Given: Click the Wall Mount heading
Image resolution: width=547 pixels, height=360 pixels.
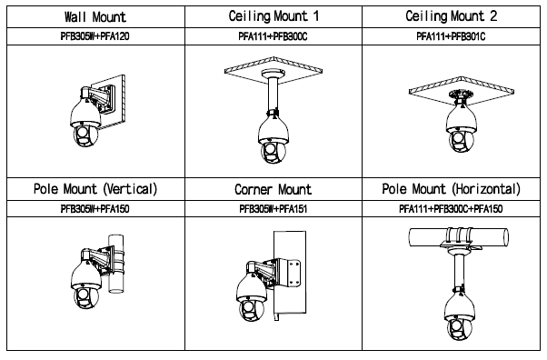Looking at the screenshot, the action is click(x=94, y=16).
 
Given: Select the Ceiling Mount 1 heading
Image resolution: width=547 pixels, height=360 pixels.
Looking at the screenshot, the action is click(x=273, y=16).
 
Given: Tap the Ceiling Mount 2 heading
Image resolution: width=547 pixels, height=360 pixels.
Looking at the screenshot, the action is click(x=451, y=16).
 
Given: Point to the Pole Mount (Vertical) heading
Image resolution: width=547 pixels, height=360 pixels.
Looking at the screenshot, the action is click(x=95, y=189).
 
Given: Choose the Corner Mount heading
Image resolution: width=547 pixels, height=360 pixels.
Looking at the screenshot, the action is click(x=273, y=190).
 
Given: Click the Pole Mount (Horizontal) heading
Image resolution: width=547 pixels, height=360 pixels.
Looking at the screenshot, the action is click(x=451, y=189).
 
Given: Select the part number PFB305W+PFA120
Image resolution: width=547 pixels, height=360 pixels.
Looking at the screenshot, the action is click(x=94, y=36).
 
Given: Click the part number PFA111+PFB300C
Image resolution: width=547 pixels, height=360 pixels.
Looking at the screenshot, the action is click(x=273, y=36).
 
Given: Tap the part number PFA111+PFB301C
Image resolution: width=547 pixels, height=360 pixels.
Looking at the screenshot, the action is click(x=451, y=36).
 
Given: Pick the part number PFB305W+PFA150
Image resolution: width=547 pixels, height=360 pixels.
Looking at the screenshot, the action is click(x=94, y=209).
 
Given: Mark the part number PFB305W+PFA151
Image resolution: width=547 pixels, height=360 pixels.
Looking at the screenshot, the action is click(x=273, y=209).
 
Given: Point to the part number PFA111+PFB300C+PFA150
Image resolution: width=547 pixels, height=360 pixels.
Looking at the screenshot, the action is click(x=451, y=209).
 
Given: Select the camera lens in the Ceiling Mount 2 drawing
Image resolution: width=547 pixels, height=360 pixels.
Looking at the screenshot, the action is click(x=458, y=140).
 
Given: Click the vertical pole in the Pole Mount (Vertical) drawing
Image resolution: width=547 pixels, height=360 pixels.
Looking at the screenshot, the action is click(x=116, y=264).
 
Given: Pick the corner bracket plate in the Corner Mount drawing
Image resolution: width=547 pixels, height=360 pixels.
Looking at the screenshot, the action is click(x=293, y=274).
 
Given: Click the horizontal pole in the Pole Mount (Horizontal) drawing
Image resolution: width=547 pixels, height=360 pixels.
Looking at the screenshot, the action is click(x=459, y=237).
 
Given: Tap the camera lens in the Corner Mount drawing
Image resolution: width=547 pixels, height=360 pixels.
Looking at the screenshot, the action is click(x=248, y=309).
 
